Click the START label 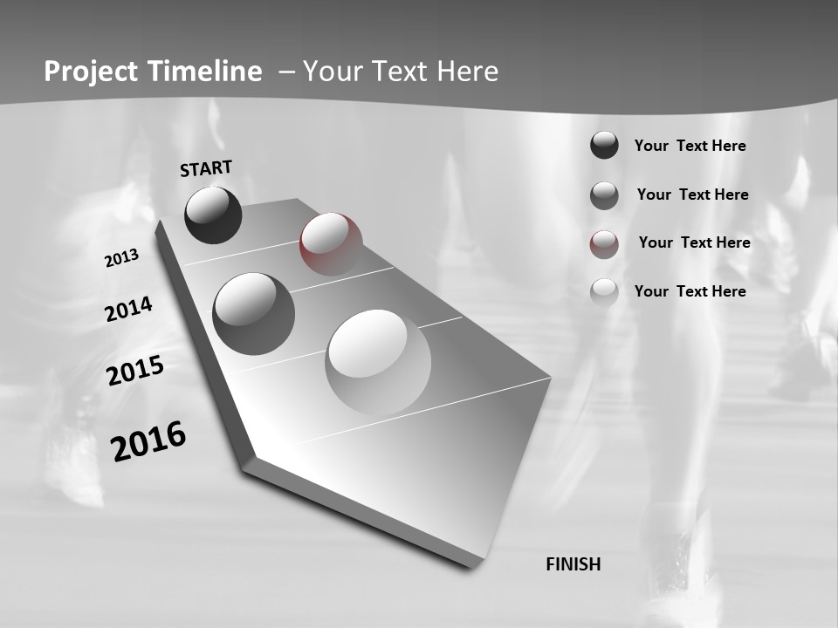[206, 167]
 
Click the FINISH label [574, 564]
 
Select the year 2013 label [122, 258]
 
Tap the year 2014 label [129, 310]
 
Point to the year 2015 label [135, 371]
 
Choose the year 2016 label [149, 440]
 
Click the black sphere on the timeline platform [213, 215]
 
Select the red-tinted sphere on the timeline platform [331, 244]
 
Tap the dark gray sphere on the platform [254, 313]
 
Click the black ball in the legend [604, 145]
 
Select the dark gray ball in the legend [604, 195]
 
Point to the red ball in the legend [604, 244]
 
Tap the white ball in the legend [604, 292]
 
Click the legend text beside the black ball [690, 146]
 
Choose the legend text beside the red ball [694, 242]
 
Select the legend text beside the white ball [690, 291]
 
